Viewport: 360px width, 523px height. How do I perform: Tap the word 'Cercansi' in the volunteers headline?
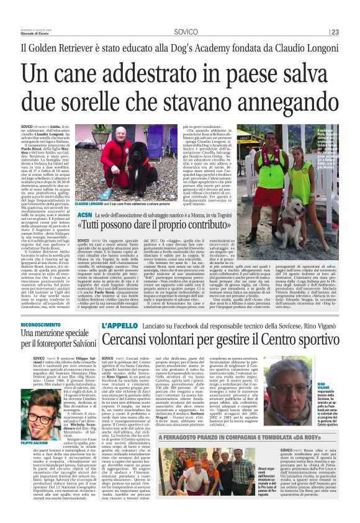tap(128, 340)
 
